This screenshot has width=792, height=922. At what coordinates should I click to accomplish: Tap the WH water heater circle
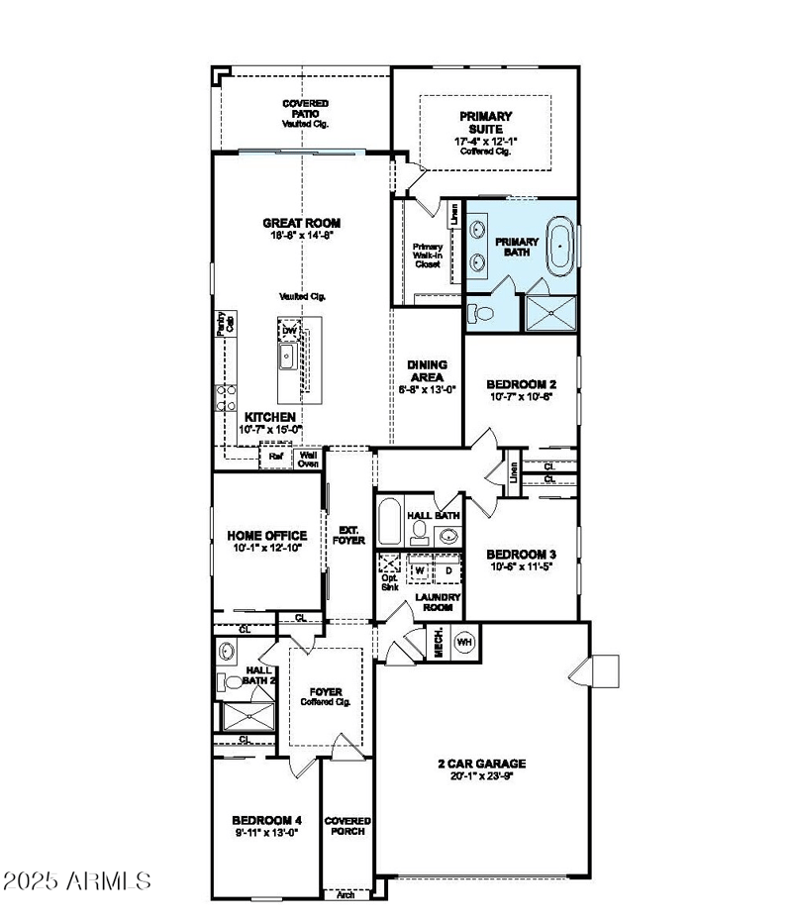coord(464,643)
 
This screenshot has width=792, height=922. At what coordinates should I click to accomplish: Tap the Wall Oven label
coord(308,458)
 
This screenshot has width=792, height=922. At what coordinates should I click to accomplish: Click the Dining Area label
coord(428,370)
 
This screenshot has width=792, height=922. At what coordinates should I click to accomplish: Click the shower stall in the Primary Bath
coord(549,309)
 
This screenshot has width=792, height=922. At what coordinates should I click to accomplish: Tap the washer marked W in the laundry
coord(420,571)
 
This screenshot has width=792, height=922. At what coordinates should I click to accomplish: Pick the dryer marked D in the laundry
coord(447,571)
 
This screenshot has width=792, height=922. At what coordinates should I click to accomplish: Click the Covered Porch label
coord(347,826)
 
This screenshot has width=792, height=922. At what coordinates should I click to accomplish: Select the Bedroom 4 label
coord(265,820)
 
